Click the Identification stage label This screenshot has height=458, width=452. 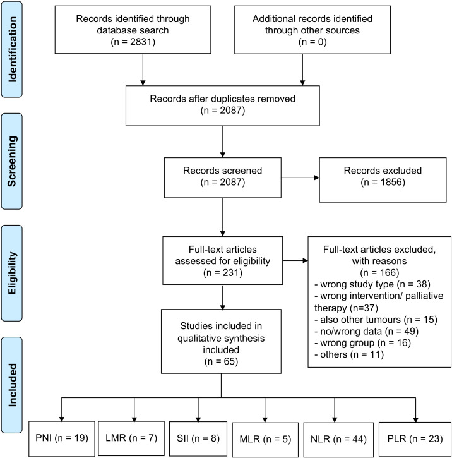click(x=12, y=49)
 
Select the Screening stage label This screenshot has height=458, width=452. click(x=12, y=161)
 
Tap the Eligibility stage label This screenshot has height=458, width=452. click(x=12, y=273)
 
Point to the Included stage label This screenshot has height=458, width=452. click(x=12, y=385)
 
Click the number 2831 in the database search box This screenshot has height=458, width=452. click(x=141, y=42)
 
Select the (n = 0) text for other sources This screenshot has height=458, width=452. click(x=312, y=42)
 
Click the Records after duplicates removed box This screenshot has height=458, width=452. click(x=223, y=105)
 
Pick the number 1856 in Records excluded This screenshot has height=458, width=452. click(x=391, y=182)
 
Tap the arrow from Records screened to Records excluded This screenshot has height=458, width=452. click(x=300, y=178)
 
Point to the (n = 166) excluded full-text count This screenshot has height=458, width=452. click(x=379, y=272)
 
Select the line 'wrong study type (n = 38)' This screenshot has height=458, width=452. click(x=372, y=284)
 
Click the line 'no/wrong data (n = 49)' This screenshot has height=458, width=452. click(x=367, y=331)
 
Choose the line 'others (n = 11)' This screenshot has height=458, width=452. click(x=349, y=354)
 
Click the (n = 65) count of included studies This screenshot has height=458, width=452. click(x=221, y=361)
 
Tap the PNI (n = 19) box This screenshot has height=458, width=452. click(x=62, y=438)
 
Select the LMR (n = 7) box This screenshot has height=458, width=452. click(x=131, y=438)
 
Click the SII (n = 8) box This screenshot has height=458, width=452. click(x=198, y=438)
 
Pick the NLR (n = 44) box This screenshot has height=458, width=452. click(x=338, y=440)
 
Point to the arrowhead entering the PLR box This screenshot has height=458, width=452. click(x=415, y=420)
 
